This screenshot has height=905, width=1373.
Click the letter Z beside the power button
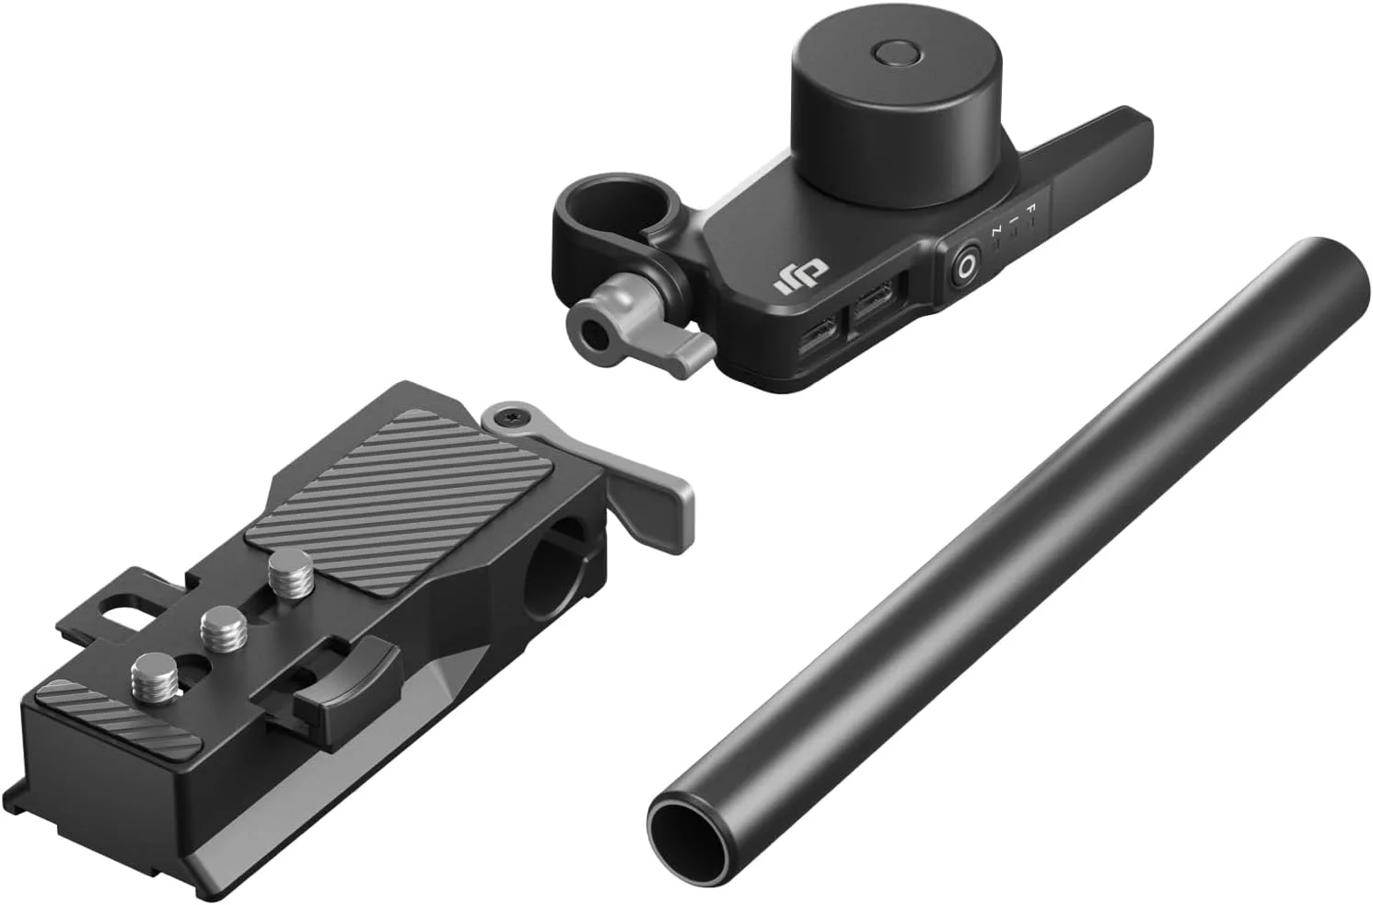[996, 235]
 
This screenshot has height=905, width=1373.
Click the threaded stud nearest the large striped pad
[290, 569]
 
